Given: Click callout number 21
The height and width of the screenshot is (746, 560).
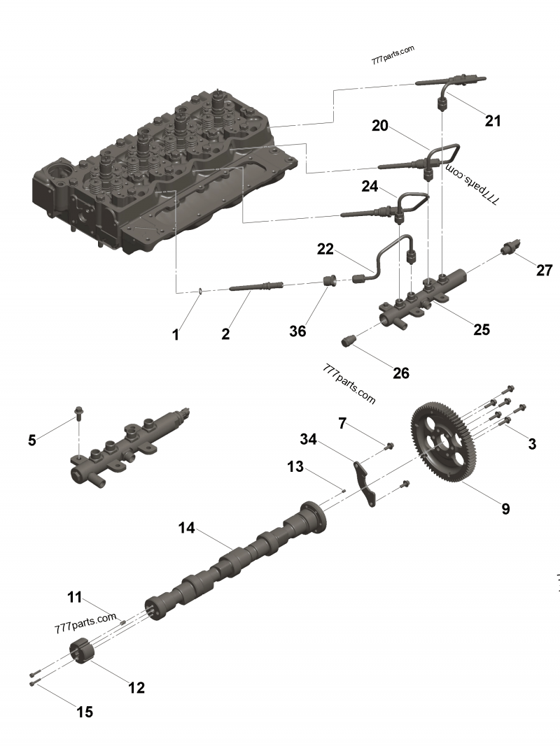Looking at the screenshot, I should tap(493, 121).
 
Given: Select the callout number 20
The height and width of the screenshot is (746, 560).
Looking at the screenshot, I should tap(380, 125).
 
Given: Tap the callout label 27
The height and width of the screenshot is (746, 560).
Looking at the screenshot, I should tap(545, 271).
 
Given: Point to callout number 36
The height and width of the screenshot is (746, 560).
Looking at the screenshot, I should tap(298, 331).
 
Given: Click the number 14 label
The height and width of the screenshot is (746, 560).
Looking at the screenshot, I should tap(186, 528).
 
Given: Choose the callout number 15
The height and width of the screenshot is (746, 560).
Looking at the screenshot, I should tap(84, 712).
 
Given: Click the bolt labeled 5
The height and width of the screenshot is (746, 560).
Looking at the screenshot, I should tap(78, 415).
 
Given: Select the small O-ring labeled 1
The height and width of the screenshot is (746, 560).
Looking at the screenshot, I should tap(199, 291).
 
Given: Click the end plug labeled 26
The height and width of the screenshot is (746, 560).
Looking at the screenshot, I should tap(348, 341).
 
